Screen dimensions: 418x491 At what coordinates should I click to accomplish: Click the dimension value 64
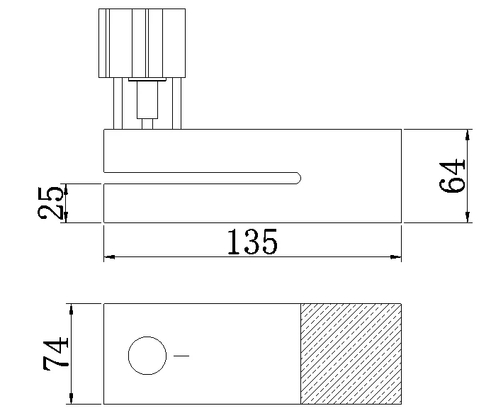pos(453,176)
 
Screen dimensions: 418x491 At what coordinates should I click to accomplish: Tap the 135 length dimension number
pos(252,242)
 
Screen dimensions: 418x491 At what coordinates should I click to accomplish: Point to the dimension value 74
pos(56,354)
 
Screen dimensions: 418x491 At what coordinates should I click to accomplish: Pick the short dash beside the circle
pos(181,355)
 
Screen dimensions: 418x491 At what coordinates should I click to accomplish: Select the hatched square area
pos(351,354)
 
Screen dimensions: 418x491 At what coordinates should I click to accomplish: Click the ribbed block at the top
pos(142,43)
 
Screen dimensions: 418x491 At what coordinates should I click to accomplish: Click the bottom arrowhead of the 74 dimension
pos(71,400)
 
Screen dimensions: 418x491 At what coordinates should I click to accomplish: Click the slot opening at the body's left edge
pos(106,178)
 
